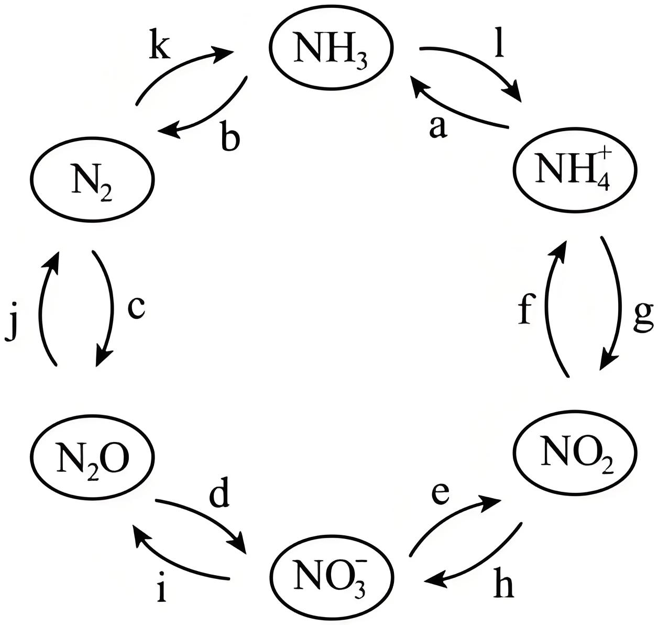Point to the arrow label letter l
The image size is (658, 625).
pyautogui.click(x=499, y=43)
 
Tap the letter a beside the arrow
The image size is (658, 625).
pyautogui.click(x=438, y=128)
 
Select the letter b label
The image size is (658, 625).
pyautogui.click(x=230, y=135)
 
